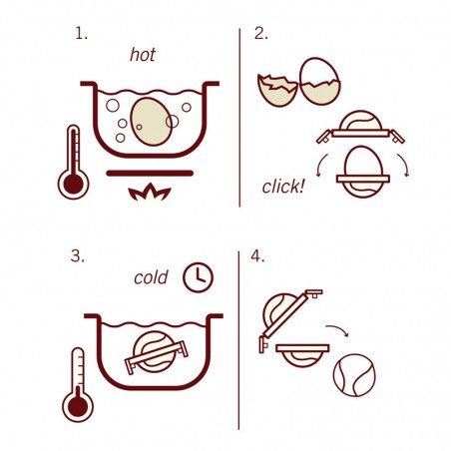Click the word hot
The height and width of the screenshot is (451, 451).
pos(143,55)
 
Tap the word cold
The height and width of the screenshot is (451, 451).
pos(151,277)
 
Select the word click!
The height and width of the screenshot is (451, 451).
pos(282,187)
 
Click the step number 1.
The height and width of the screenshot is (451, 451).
pos(81,33)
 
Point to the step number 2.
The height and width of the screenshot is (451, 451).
pos(261,33)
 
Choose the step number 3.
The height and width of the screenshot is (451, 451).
pos(78,256)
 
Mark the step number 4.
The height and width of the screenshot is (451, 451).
pos(257,256)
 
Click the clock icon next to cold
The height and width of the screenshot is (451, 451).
pos(198,277)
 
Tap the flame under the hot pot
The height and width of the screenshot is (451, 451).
pos(150,193)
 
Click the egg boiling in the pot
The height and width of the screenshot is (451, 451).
pos(151,122)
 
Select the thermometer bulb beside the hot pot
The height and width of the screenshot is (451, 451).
pos(73,184)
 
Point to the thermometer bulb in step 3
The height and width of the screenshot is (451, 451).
pos(78,406)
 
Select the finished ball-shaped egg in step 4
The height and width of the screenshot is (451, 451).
pos(354,375)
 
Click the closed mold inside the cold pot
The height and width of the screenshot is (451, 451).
pos(156,352)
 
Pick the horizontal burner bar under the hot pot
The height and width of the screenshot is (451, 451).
pos(150,173)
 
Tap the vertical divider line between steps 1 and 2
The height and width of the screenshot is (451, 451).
pos(239,118)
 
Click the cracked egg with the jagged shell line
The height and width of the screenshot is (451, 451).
pos(319,82)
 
